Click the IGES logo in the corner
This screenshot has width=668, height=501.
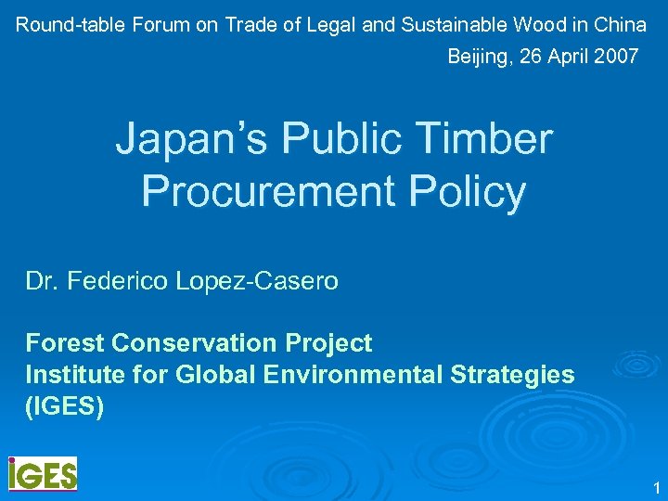(43, 473)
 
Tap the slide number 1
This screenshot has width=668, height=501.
(655, 488)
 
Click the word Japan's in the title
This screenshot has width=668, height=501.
(190, 141)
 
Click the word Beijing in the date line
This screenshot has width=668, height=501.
(480, 57)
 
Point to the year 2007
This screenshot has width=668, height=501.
(616, 57)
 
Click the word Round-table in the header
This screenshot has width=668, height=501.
(71, 25)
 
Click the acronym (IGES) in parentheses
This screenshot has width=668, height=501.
(65, 406)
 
